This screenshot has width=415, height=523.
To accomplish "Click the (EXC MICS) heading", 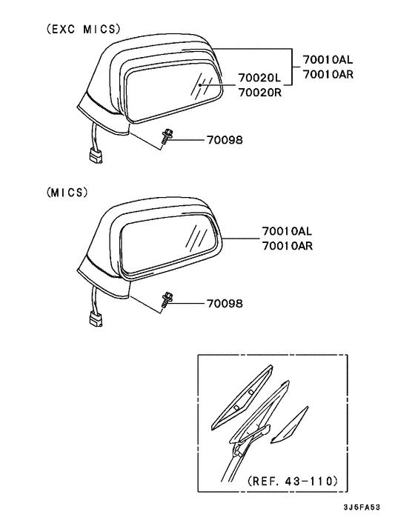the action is point(83,30).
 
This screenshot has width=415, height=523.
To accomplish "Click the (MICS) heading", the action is point(67,193).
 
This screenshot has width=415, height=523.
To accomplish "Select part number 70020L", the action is point(259,78).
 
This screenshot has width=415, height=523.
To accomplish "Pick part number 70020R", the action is point(260,93).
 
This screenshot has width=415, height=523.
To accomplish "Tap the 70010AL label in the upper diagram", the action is point(328,60).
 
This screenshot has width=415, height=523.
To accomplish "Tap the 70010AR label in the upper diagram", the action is point(328,74).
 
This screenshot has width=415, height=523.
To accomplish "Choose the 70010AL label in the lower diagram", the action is point(287,231).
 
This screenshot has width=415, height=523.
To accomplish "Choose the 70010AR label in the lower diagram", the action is point(288,246).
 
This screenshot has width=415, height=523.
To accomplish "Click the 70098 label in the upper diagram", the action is point(225,140).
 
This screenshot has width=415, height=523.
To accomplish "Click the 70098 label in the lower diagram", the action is point(225,304).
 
